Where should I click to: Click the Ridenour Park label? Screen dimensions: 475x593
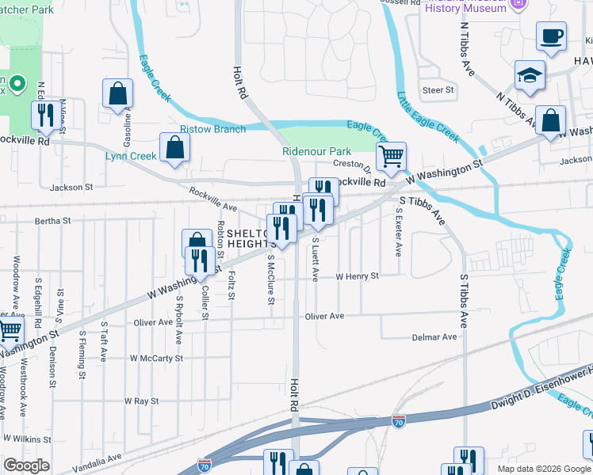[317, 151]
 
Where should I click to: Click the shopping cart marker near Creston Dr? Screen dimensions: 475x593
[390, 157]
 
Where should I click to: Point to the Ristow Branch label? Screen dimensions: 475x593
[212, 129]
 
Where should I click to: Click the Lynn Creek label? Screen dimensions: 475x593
[131, 156]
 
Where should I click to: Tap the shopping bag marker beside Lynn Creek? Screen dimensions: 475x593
[174, 147]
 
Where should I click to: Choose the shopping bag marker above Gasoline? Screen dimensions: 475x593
[117, 93]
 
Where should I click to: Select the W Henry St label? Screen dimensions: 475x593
[357, 276]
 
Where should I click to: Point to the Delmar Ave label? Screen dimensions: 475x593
[434, 336]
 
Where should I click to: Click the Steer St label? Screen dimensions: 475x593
[438, 90]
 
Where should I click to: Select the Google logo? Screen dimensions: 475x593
[26, 465]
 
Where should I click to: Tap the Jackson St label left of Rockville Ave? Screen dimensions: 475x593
[71, 188]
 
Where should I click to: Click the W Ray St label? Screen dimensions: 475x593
[141, 401]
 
